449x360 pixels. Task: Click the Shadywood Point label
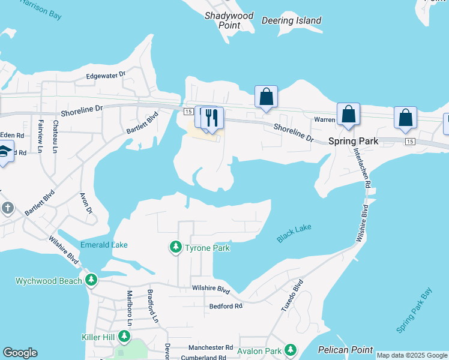click(229, 20)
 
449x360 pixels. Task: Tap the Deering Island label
click(292, 20)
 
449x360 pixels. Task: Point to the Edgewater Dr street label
click(105, 75)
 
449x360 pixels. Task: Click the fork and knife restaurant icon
click(211, 117)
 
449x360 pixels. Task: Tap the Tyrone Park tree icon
click(175, 247)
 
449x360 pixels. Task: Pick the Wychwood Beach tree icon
click(91, 280)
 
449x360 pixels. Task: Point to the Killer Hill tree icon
click(124, 337)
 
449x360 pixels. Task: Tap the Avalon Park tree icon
click(291, 350)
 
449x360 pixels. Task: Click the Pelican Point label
click(345, 350)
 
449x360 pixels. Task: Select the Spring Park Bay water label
click(414, 311)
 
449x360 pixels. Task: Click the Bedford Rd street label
click(226, 306)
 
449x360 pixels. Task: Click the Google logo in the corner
click(20, 353)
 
